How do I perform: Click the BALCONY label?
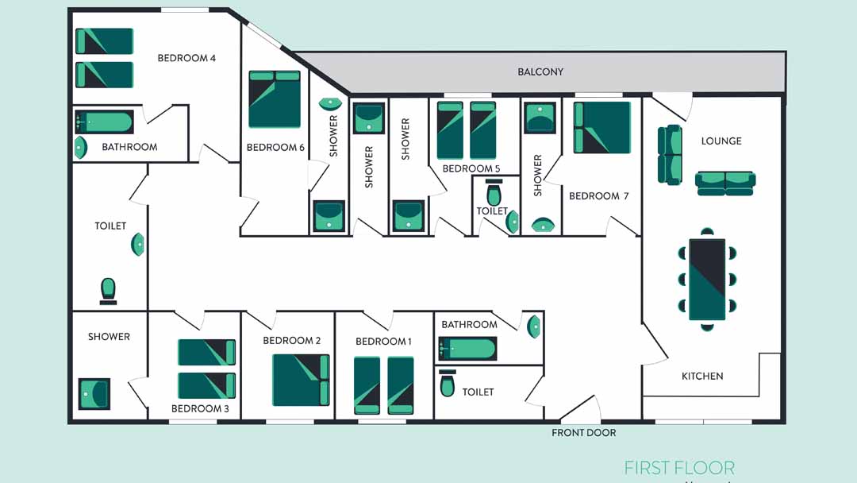coord(540,71)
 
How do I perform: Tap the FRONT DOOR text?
coord(583,433)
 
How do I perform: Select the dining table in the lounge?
coord(707,279)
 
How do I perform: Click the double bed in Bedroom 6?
coord(275,99)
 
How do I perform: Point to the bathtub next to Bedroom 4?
coord(104,122)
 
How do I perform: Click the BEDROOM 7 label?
coord(598,196)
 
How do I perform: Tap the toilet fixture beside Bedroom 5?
coord(494,192)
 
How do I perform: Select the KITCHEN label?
coord(702,377)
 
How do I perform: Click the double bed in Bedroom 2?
coord(302,381)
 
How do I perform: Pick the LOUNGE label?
coord(721,141)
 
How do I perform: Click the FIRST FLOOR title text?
coord(679,468)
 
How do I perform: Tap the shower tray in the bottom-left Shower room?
coord(94,394)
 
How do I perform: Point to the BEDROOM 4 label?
coord(186,58)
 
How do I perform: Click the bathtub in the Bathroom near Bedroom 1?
coord(467,349)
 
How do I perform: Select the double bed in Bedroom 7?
coord(601,127)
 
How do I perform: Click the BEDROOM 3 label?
coord(200,408)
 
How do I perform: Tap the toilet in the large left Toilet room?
coord(108,291)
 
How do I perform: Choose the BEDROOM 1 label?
coord(383,342)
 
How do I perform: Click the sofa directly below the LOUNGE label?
coord(725,184)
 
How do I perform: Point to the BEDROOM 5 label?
coord(471,168)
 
